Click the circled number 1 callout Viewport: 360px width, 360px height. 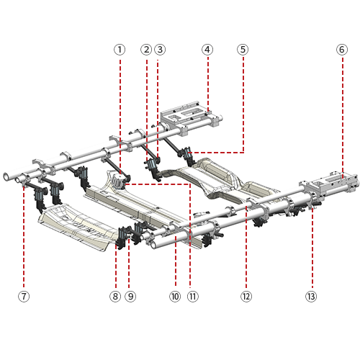pos(120,50)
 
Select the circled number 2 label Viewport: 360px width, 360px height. pos(146,50)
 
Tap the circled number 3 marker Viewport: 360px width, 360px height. pos(160,50)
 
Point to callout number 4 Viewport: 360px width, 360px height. pos(207,50)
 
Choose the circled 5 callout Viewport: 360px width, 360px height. pos(243,50)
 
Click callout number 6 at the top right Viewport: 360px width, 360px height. pos(342,50)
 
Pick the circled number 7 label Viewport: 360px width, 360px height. pos(24,297)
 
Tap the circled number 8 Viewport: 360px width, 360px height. pos(115,297)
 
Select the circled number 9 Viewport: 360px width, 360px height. pos(130,297)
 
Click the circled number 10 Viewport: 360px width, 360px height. pos(175,297)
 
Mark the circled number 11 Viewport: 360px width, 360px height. pos(193,297)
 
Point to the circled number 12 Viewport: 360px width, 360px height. pos(246,297)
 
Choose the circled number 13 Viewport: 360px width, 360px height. pos(311,297)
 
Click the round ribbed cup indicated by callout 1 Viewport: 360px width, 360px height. pos(118,181)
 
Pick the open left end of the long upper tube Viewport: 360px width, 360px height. pos(6,176)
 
